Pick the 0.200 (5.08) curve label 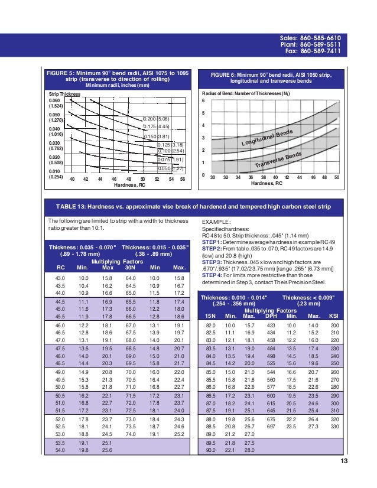pos(157,119)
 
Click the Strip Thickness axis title pos(64,94)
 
